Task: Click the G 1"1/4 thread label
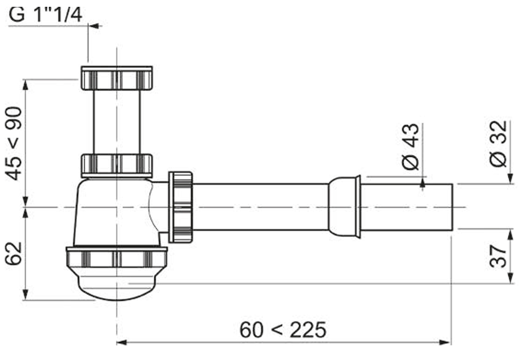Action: pyautogui.click(x=46, y=15)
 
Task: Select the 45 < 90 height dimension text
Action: pyautogui.click(x=16, y=143)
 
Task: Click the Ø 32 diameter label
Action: pyautogui.click(x=499, y=144)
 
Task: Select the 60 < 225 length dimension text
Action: pyautogui.click(x=283, y=330)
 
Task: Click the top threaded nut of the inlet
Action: pyautogui.click(x=116, y=78)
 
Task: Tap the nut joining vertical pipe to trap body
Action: pyautogui.click(x=116, y=164)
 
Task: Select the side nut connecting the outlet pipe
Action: pyautogui.click(x=181, y=207)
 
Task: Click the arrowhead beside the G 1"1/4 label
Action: pyautogui.click(x=93, y=25)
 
